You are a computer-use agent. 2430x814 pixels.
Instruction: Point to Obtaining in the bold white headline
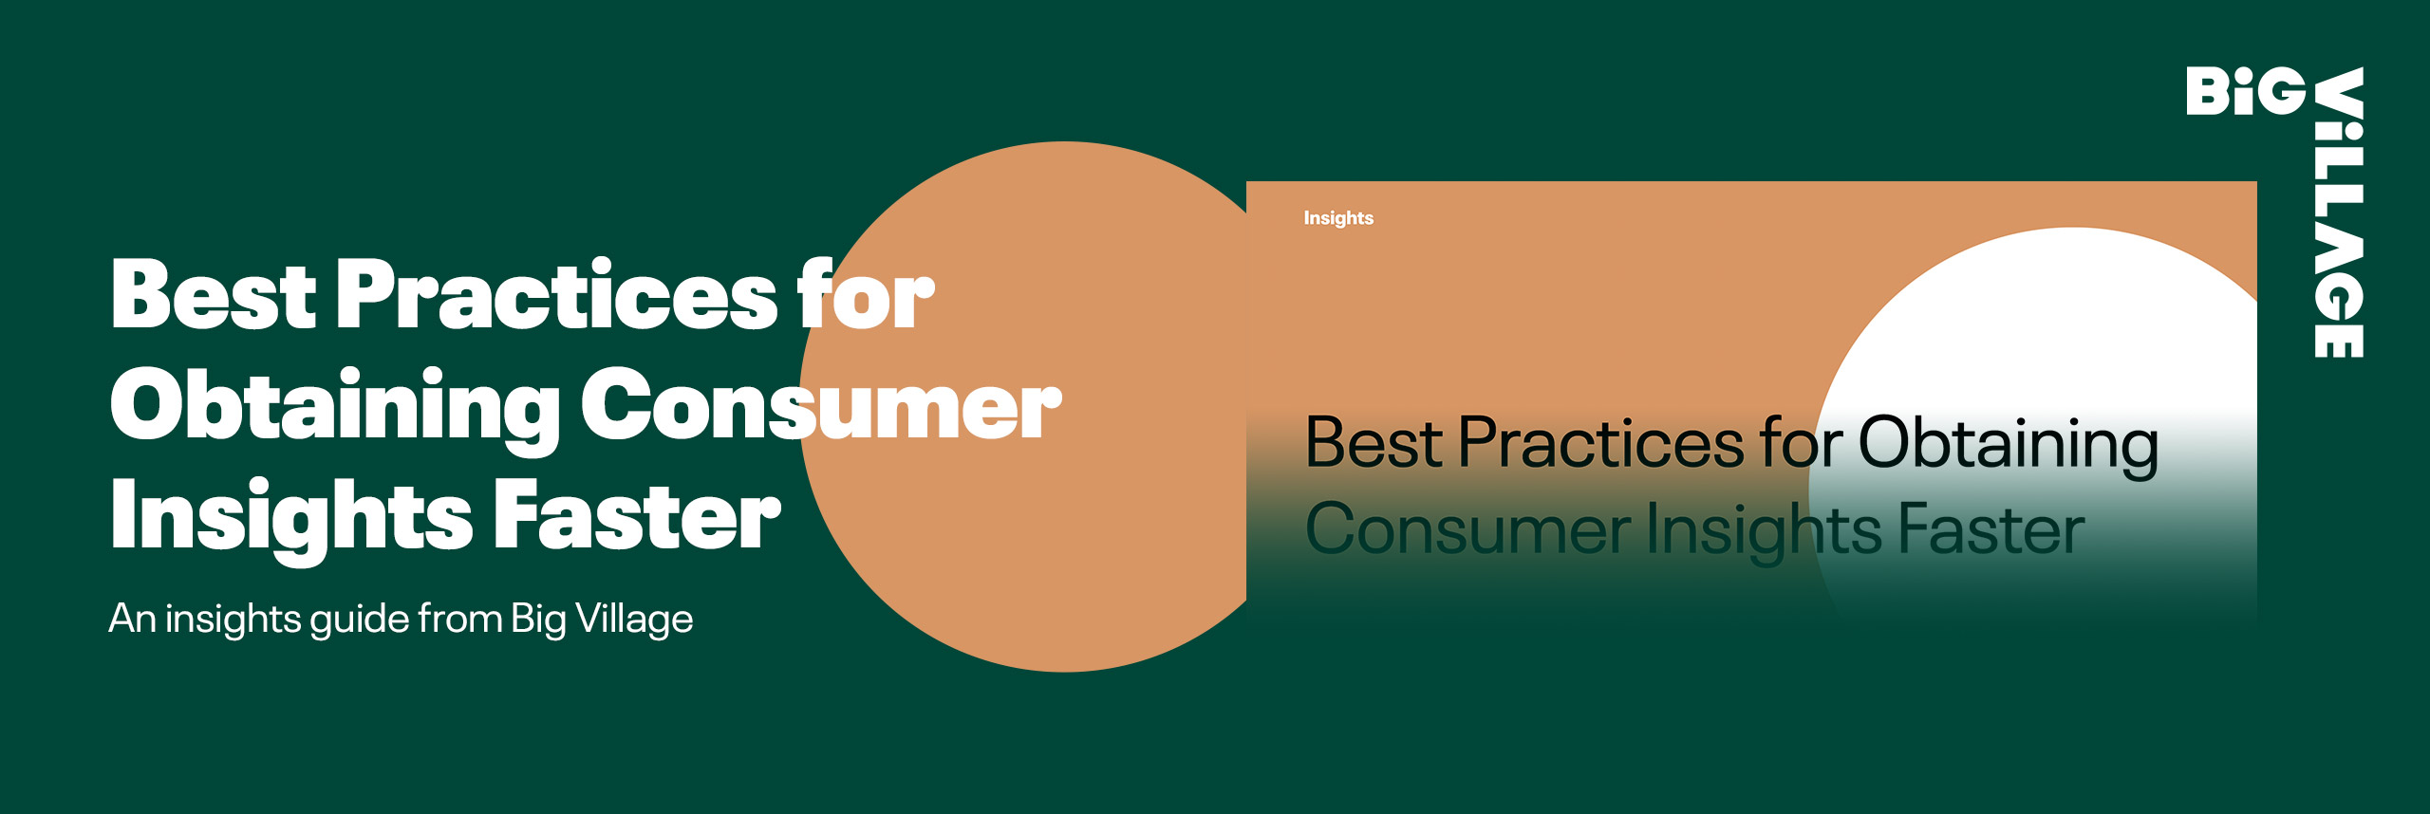pos(335,409)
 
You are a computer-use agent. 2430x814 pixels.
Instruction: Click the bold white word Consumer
pos(821,405)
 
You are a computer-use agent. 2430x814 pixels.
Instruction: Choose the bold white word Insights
pos(291,519)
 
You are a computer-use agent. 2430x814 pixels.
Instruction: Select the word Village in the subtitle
pos(634,620)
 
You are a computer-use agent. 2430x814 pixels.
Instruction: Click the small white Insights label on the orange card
pos(1338,218)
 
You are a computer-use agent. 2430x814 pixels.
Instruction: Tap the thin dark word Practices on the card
pos(1601,442)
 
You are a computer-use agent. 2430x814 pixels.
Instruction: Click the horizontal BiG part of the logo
pos(2246,91)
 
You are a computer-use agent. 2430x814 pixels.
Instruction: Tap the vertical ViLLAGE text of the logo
pos(2339,213)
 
